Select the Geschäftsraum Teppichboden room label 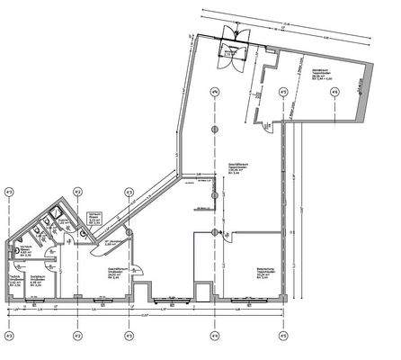pyautogui.click(x=236, y=166)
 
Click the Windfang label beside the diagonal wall pyautogui.click(x=112, y=244)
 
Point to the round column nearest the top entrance pyautogui.click(x=214, y=93)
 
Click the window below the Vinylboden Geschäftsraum pyautogui.click(x=117, y=299)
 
